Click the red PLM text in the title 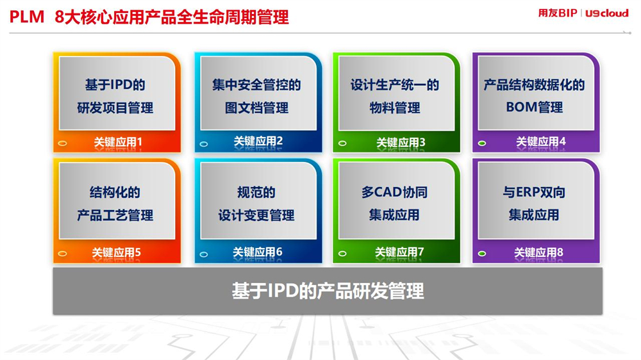tap(26, 17)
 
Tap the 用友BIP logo tap(558, 13)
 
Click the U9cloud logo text tap(607, 13)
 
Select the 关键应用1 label tap(118, 142)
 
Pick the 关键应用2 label tap(258, 142)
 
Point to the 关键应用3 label tap(401, 142)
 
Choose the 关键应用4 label tap(540, 142)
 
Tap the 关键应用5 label tap(116, 252)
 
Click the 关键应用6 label tap(257, 252)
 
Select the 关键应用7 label tap(399, 252)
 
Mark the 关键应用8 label tap(538, 252)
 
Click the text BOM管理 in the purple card tap(535, 107)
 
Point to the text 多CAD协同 tap(394, 192)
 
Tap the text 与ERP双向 tap(534, 192)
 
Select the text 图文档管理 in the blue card tap(257, 108)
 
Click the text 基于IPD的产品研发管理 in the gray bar tap(328, 291)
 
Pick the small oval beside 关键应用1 tap(62, 143)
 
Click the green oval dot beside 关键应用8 tap(482, 254)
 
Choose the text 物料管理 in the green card tap(394, 108)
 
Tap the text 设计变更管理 tap(256, 215)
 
